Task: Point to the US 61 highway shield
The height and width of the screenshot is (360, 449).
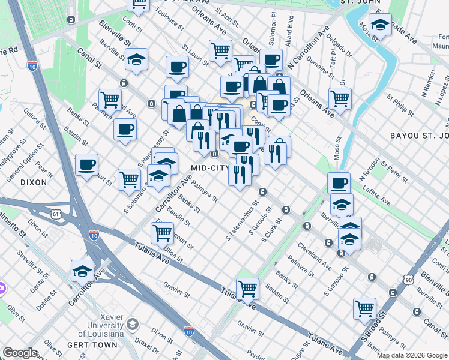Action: click(x=56, y=213)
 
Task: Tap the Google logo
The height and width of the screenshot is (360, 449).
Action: click(x=20, y=353)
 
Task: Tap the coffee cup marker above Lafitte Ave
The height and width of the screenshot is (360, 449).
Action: click(x=339, y=182)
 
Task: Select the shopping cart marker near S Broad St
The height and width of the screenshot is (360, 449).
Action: click(x=364, y=308)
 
